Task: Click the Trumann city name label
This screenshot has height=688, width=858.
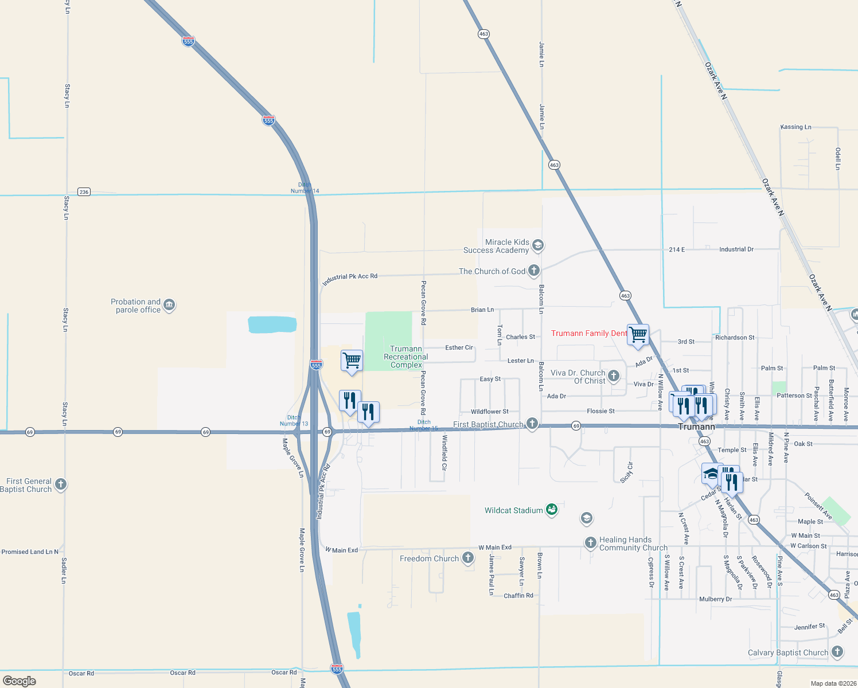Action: [696, 427]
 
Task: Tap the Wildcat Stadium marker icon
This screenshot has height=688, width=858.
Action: [551, 510]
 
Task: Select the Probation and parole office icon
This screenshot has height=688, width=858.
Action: [169, 305]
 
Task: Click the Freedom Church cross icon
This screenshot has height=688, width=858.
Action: [468, 558]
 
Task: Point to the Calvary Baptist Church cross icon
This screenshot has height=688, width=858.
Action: [837, 652]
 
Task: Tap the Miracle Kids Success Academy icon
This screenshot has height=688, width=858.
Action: [537, 246]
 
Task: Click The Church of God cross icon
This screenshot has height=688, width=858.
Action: [533, 271]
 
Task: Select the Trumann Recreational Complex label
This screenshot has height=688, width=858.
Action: [406, 357]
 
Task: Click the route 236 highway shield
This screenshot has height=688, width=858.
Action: [84, 192]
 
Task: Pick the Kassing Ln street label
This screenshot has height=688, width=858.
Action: [795, 127]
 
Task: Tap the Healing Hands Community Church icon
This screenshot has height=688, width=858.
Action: [591, 542]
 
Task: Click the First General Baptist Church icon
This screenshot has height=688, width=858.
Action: [60, 484]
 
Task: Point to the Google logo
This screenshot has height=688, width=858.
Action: [19, 681]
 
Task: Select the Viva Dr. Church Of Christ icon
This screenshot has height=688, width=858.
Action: [614, 376]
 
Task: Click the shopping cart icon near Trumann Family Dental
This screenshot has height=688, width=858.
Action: [638, 334]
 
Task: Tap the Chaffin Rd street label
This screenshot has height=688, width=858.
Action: [518, 596]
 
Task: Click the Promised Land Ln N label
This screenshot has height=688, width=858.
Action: [30, 552]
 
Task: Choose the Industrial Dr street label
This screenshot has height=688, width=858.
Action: [736, 249]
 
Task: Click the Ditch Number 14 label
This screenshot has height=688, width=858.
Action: [305, 188]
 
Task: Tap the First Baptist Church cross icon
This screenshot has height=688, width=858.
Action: [532, 424]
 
